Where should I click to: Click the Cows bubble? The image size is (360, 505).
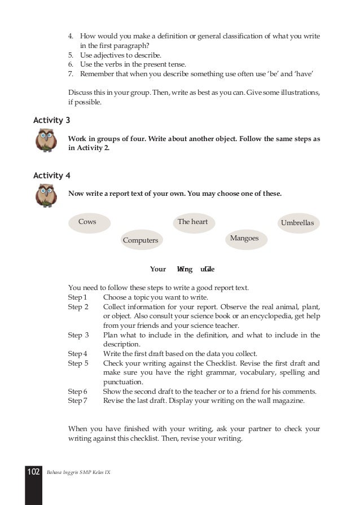(87, 222)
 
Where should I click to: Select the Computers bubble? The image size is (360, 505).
(141, 240)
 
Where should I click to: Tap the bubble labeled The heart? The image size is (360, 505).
(192, 222)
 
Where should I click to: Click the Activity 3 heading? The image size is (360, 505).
(52, 120)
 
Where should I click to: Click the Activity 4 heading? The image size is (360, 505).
(52, 175)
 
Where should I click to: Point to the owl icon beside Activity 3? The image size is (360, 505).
(46, 140)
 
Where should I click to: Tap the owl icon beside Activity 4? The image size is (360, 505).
(46, 196)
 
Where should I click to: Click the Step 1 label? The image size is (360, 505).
(77, 297)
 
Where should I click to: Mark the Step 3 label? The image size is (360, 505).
(78, 335)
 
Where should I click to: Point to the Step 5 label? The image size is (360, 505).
(78, 363)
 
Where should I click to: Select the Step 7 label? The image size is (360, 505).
(77, 401)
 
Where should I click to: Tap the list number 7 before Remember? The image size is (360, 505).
(71, 74)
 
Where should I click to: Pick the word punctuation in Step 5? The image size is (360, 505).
(122, 382)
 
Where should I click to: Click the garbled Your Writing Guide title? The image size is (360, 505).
(182, 269)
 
